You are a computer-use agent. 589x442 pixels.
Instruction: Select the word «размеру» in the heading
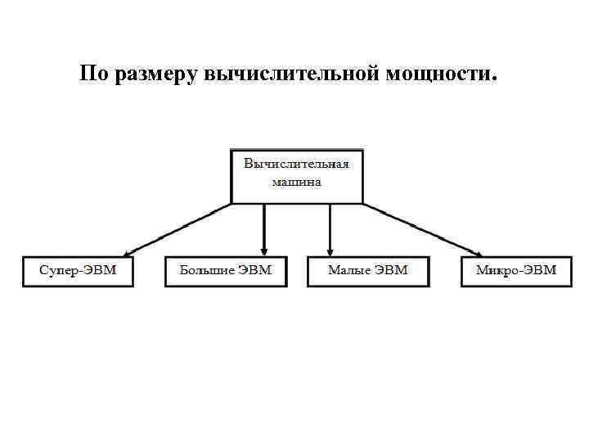tap(155, 75)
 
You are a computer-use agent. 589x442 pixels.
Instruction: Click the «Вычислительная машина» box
tap(297, 176)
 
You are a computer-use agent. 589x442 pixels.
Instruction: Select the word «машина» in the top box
tap(296, 182)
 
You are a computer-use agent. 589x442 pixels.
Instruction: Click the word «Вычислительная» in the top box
tap(296, 164)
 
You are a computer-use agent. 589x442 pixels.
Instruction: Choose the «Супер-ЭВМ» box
tap(78, 270)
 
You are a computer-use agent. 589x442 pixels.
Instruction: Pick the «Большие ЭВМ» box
tap(226, 271)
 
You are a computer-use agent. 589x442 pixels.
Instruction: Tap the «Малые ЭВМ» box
tap(367, 271)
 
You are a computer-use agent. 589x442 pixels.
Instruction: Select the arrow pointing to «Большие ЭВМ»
tap(263, 229)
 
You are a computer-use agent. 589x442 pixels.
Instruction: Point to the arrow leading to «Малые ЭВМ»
tap(330, 229)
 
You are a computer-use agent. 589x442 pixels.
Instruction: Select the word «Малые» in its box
tap(350, 270)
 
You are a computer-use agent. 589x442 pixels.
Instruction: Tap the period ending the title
tap(493, 80)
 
